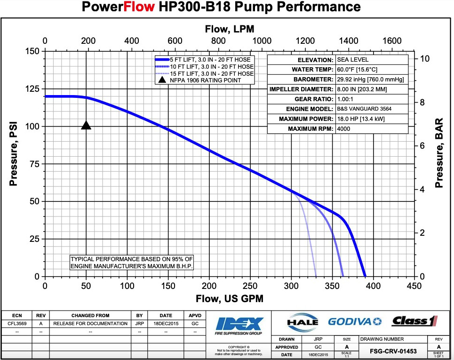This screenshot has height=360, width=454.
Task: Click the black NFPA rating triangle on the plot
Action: [x=86, y=125]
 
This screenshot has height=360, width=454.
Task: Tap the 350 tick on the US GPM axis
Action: [x=332, y=286]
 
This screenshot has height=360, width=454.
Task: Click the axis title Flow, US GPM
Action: [x=229, y=298]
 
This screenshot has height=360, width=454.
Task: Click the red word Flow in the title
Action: [x=144, y=7]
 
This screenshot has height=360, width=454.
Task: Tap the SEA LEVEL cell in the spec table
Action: [x=352, y=60]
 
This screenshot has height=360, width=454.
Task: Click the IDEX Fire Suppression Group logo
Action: [x=239, y=326]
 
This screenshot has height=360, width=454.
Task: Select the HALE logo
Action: [x=302, y=322]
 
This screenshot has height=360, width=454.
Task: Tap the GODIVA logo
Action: [x=355, y=321]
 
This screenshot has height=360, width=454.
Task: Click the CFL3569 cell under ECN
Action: [x=16, y=324]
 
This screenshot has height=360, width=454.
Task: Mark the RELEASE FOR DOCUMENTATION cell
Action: [x=90, y=324]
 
